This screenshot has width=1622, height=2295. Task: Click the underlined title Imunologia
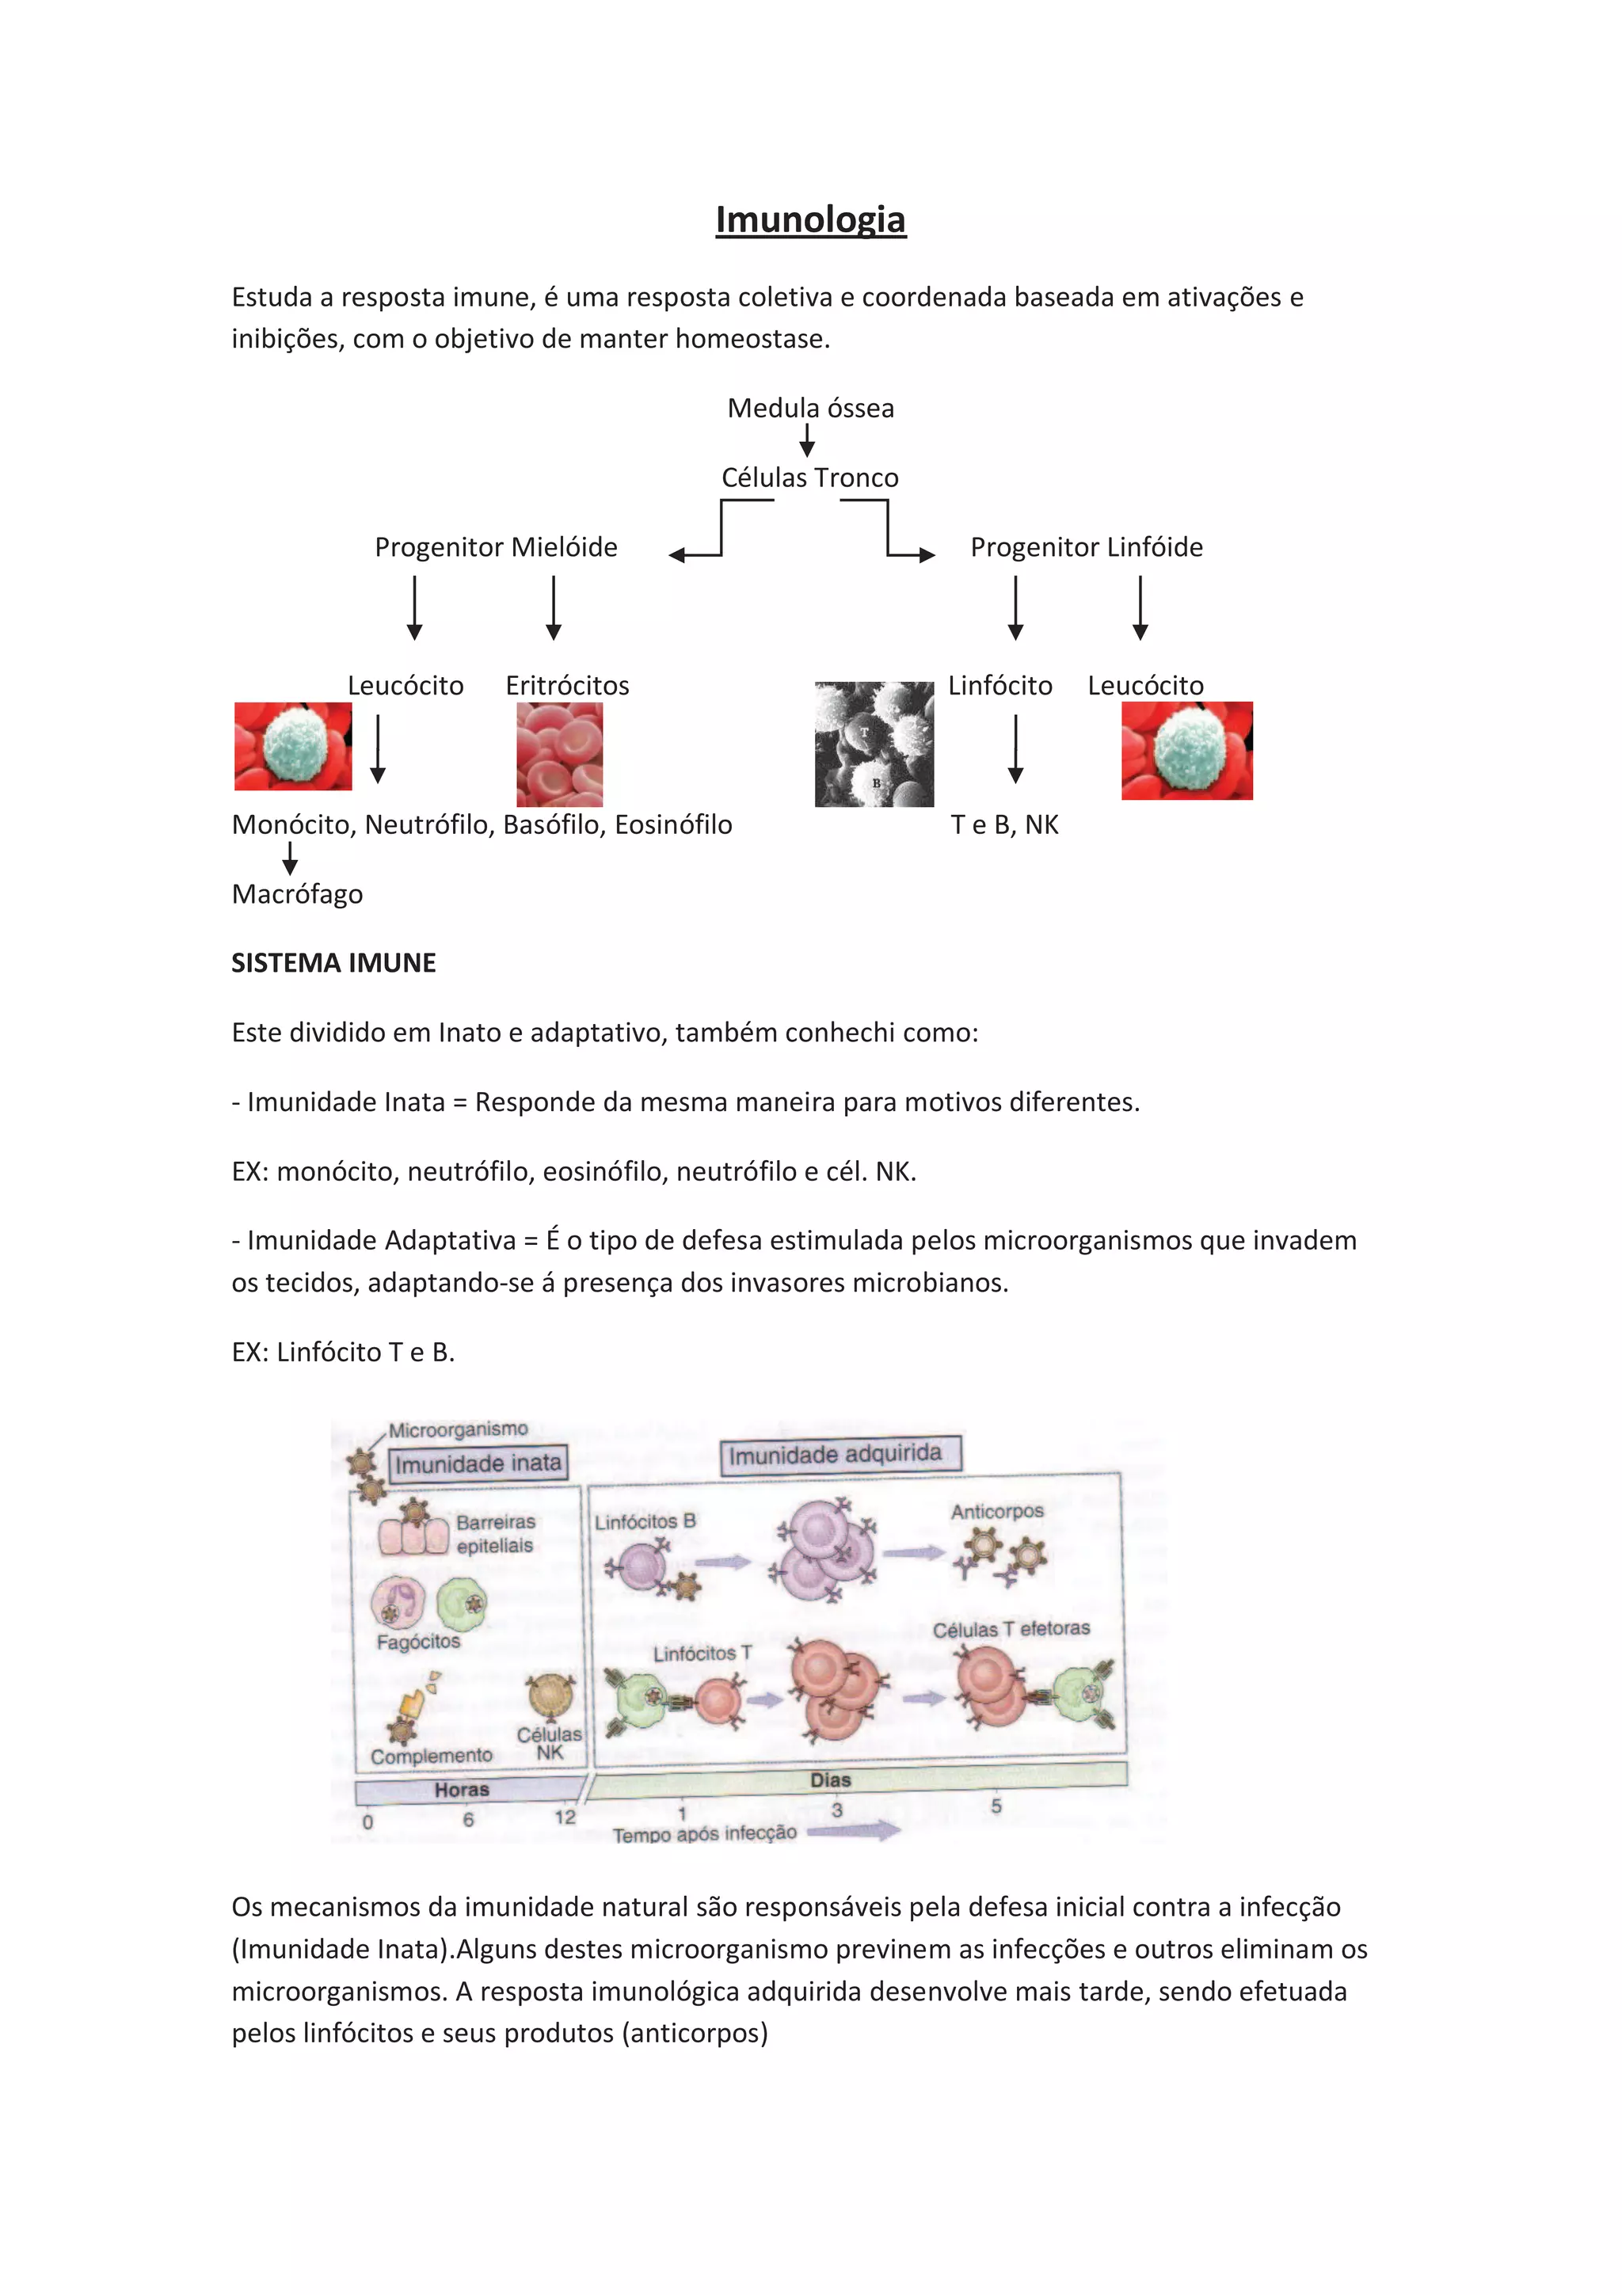[x=809, y=220]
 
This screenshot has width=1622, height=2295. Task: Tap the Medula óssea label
[x=809, y=408]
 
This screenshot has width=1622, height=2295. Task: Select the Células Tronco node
[x=809, y=478]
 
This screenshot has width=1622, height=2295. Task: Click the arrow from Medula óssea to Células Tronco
[x=806, y=440]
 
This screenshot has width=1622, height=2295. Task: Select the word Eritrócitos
[x=566, y=686]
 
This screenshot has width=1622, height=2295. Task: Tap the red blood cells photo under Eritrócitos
[x=560, y=754]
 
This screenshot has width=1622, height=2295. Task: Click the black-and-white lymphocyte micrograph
[x=874, y=744]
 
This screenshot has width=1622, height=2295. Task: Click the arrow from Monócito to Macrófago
[x=290, y=858]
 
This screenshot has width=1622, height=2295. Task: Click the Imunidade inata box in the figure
[x=478, y=1463]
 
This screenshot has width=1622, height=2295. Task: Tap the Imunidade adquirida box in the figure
[x=840, y=1454]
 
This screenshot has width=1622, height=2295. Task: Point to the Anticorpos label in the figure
[x=996, y=1511]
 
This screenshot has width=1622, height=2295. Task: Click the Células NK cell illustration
[x=550, y=1696]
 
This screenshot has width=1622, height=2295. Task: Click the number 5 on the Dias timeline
[x=996, y=1806]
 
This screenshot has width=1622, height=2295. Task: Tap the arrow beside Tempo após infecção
[x=854, y=1830]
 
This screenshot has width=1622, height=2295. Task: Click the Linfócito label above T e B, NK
[x=999, y=686]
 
